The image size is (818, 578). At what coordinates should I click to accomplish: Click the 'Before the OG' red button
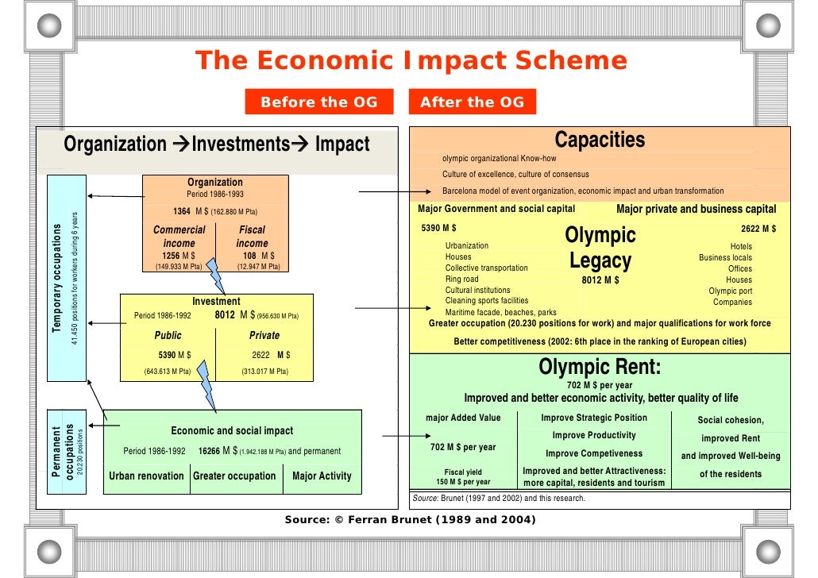pos(318,102)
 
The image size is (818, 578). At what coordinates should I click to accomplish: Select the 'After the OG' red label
pos(472,102)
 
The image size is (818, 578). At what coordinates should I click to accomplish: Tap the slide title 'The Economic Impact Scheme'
pos(411,61)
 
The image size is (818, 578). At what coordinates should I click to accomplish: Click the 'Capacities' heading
pos(600,141)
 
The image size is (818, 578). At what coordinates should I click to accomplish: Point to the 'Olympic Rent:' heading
pos(600,367)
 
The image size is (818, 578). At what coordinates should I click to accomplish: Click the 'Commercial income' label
pos(179,237)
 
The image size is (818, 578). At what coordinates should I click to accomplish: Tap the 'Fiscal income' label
pos(252,237)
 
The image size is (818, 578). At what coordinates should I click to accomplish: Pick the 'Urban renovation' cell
pos(147,476)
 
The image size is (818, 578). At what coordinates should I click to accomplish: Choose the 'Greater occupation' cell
pos(234,476)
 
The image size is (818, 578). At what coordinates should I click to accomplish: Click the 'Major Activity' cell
pos(322,476)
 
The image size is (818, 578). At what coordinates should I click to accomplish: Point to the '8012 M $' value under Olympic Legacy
pos(600,280)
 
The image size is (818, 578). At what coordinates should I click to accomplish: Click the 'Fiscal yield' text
pos(463,472)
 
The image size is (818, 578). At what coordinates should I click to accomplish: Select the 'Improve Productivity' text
pos(594,435)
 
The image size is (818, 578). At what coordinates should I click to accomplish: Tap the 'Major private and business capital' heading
pos(696,209)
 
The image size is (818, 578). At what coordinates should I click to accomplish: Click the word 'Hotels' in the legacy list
pos(740,246)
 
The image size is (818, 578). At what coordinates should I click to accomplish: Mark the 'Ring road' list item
pos(462,279)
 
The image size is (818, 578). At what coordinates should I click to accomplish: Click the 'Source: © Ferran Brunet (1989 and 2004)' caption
pos(410,520)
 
